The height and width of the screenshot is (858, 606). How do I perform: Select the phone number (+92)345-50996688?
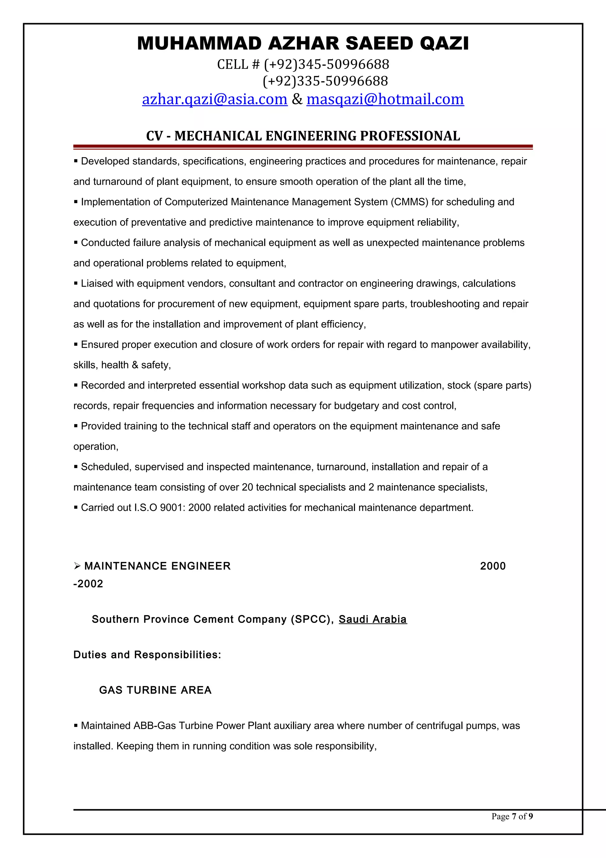tap(326, 64)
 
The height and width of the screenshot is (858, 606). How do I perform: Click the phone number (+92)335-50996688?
tap(325, 81)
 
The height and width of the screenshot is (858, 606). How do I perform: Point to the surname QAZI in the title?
tap(444, 43)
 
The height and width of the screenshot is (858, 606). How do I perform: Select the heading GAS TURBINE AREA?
tap(155, 690)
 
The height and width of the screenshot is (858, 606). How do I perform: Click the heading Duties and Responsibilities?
tap(147, 654)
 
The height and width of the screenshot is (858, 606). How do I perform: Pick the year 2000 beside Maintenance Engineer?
tap(492, 566)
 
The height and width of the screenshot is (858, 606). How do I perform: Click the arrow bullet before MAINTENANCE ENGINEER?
tap(77, 566)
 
